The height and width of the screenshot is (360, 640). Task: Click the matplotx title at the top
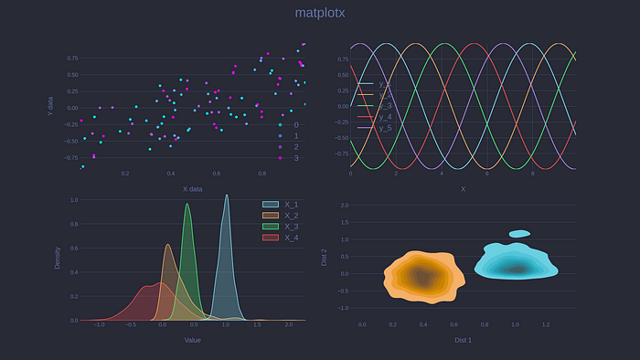click(320, 13)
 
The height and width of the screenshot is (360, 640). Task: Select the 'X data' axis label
click(192, 189)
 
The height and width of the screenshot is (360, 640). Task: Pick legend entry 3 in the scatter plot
click(295, 158)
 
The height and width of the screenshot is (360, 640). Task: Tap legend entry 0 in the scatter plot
click(295, 124)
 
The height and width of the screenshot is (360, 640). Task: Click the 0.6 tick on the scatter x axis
click(217, 174)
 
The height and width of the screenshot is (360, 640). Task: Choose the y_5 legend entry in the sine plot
click(385, 128)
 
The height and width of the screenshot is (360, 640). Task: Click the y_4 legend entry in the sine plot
click(385, 117)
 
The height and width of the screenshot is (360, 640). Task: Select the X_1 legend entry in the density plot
click(292, 204)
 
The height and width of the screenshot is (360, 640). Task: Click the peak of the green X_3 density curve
click(187, 205)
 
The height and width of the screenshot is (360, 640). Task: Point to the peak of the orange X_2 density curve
click(167, 245)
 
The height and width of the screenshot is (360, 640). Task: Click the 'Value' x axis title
click(192, 340)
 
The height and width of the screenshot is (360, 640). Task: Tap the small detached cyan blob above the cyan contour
click(519, 234)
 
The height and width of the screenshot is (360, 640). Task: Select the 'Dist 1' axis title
click(463, 340)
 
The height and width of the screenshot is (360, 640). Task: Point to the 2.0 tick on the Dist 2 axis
click(345, 206)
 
